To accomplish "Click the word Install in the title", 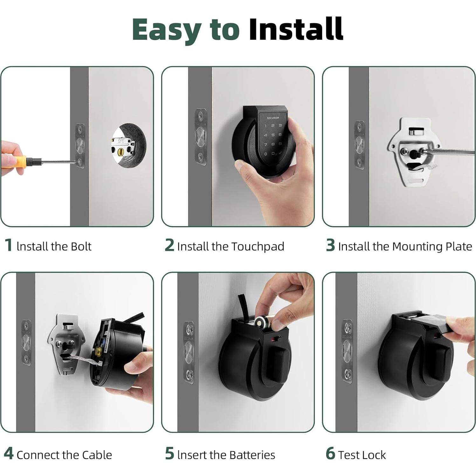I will click(296, 29).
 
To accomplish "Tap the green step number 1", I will click(9, 245).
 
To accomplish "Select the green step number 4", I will click(9, 454).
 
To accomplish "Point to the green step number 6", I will click(330, 454).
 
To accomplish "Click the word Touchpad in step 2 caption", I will click(257, 246).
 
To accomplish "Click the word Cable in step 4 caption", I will click(97, 455).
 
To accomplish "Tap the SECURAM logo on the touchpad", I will click(272, 118).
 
